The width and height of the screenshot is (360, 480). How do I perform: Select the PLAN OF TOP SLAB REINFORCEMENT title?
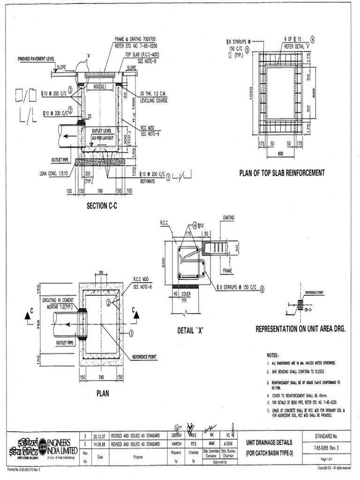(x=282, y=173)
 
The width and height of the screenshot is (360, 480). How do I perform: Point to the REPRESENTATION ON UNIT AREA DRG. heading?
(x=300, y=329)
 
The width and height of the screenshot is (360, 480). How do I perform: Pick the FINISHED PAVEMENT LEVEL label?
(x=36, y=59)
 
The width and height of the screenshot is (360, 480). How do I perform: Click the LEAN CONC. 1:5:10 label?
(x=54, y=173)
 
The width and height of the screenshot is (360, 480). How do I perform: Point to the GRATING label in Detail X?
(x=229, y=217)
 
